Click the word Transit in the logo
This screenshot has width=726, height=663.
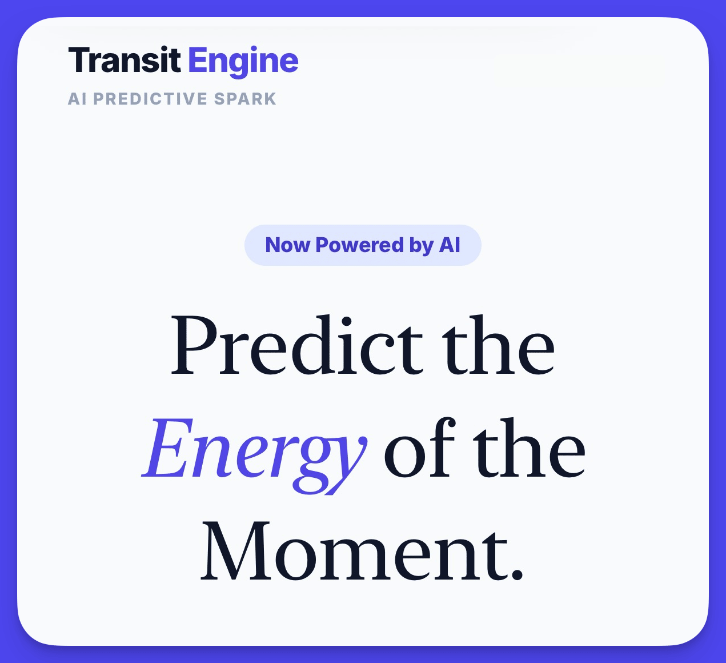point(125,59)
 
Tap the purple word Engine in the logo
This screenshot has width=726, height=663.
point(243,62)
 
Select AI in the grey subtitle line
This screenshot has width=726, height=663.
point(77,99)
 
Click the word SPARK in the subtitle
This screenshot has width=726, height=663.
point(245,99)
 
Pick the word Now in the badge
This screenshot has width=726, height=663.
point(288,245)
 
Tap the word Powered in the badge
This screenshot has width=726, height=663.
point(359,245)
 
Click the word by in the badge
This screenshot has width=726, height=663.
point(422,246)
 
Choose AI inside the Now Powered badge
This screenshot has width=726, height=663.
point(450,245)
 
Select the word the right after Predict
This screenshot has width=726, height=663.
point(498,345)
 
